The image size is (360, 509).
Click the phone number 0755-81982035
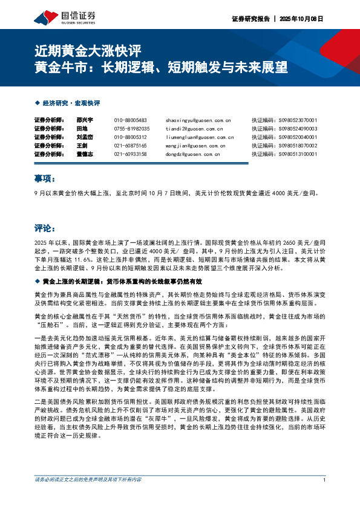tap(131, 129)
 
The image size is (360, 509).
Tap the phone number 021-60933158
tap(131, 154)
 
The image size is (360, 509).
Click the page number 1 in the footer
tap(325, 496)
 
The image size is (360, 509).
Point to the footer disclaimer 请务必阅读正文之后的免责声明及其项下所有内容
tap(88, 496)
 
